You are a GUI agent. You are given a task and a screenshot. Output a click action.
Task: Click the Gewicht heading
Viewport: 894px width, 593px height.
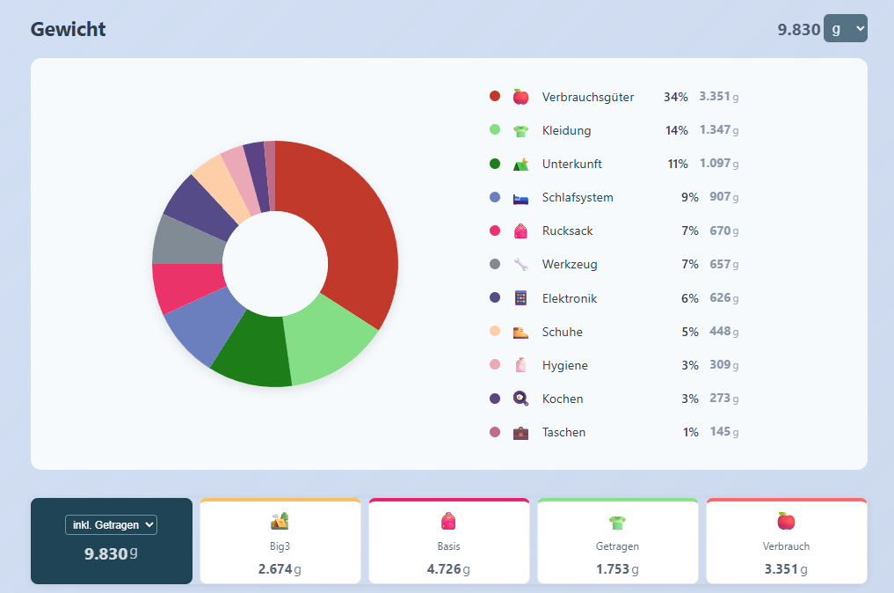click(68, 29)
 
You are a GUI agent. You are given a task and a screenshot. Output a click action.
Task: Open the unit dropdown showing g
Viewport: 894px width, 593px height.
click(845, 28)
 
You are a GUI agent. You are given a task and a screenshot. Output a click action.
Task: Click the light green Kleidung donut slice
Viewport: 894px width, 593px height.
click(328, 342)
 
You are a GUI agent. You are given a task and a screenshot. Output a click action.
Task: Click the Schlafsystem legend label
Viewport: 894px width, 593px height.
click(578, 197)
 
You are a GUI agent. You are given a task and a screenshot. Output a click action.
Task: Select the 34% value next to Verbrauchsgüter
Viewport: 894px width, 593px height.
click(676, 97)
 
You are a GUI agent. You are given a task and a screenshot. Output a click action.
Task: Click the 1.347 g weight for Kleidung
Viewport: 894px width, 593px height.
click(719, 130)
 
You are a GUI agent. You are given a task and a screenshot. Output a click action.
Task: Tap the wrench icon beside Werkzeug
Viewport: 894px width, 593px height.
click(520, 264)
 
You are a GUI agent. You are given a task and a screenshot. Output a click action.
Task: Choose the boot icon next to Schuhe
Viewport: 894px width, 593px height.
click(520, 332)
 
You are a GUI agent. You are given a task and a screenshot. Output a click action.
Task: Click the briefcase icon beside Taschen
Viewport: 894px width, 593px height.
click(520, 433)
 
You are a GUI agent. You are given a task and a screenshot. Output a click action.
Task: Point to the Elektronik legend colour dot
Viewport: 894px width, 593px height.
click(495, 297)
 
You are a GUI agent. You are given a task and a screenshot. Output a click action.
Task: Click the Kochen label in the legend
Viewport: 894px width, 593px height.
click(563, 399)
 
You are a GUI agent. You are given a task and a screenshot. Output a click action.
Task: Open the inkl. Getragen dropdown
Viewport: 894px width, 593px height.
click(111, 525)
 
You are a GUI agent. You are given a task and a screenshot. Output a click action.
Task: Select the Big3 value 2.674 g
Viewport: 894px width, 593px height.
click(280, 569)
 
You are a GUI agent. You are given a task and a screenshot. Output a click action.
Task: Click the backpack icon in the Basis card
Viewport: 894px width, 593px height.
click(448, 521)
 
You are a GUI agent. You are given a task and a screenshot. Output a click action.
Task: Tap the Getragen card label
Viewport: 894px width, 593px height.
click(617, 546)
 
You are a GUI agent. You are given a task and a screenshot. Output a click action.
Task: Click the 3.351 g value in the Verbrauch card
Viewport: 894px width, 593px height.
click(786, 569)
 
